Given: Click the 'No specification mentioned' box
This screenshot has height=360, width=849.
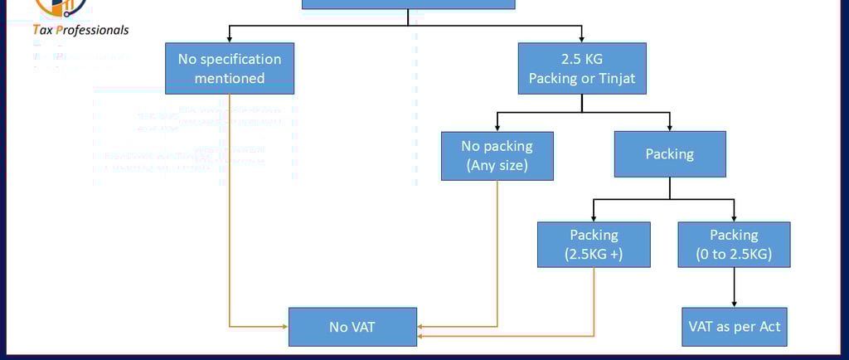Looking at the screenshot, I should [230, 69].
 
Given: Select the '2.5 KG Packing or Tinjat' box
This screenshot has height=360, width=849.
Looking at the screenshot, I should [581, 69].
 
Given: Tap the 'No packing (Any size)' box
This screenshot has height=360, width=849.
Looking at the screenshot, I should [497, 155].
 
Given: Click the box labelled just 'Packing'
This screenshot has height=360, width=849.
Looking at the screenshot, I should [669, 153].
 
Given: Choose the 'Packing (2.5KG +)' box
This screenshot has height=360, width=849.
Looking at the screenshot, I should [594, 245].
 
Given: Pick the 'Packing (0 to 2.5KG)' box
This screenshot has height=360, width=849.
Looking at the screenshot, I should [734, 245].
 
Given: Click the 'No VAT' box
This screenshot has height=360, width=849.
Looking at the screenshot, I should [352, 327].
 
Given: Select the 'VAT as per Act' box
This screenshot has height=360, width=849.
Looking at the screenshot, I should [734, 327].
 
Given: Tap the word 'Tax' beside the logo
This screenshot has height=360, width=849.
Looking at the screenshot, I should [42, 30].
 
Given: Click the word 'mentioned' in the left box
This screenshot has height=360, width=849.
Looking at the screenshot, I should [230, 79].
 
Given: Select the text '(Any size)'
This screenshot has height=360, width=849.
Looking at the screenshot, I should [497, 164].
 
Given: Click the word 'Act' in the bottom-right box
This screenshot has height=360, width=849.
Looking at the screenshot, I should [770, 327].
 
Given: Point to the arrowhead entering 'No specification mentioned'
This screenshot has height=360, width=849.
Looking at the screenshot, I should [230, 39].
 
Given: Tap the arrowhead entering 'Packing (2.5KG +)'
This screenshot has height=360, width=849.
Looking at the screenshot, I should [594, 217].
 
